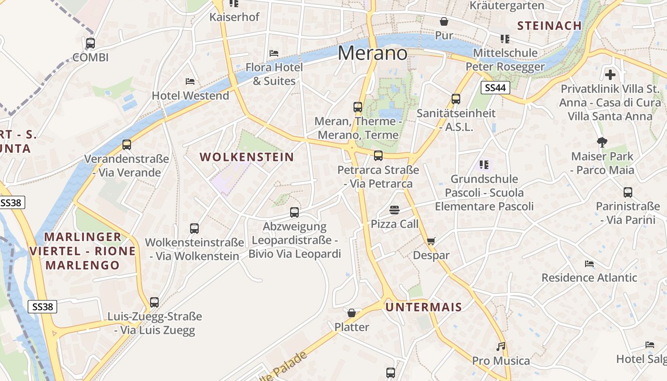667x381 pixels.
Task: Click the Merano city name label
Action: [373, 52]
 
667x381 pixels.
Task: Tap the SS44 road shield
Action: [495, 88]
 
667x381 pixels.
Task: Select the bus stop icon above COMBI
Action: [91, 43]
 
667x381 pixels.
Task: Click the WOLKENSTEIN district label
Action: [246, 157]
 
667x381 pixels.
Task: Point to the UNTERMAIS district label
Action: [424, 307]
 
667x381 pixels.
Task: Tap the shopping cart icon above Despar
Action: [431, 241]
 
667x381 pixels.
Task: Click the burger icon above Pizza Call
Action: [394, 210]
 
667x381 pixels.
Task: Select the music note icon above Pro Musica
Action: [501, 347]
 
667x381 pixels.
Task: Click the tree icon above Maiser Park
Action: [602, 142]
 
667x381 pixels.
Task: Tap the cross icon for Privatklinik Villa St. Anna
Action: [610, 75]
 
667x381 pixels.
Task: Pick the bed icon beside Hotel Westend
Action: [190, 81]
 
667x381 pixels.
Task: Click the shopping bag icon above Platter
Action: [352, 313]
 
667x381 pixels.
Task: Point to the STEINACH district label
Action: [549, 26]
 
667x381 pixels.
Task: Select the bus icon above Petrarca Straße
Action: [378, 156]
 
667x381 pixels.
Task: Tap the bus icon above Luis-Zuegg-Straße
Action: [154, 302]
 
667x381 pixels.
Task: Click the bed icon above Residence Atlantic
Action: [589, 264]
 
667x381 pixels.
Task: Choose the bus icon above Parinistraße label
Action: [628, 192]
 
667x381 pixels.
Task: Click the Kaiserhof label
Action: [234, 17]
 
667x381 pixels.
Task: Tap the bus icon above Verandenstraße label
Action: [127, 145]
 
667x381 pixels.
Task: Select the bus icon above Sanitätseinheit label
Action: [456, 99]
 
